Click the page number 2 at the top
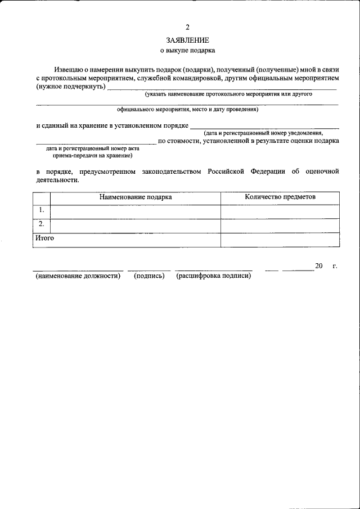click(x=188, y=27)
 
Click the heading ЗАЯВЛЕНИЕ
click(x=188, y=40)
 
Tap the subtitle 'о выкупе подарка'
click(x=188, y=50)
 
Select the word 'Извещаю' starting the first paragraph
click(x=67, y=68)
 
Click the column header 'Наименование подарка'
click(x=136, y=197)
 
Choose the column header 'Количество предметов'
click(x=280, y=197)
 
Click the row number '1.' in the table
click(x=41, y=210)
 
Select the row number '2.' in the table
click(x=41, y=224)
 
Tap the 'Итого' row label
click(x=44, y=238)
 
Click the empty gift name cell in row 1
click(x=136, y=211)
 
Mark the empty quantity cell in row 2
click(x=280, y=225)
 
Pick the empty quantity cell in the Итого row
click(x=280, y=239)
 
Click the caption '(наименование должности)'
click(x=78, y=276)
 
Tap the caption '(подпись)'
click(x=149, y=276)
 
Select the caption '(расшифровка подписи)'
click(x=214, y=276)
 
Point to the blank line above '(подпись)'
click(x=149, y=270)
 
